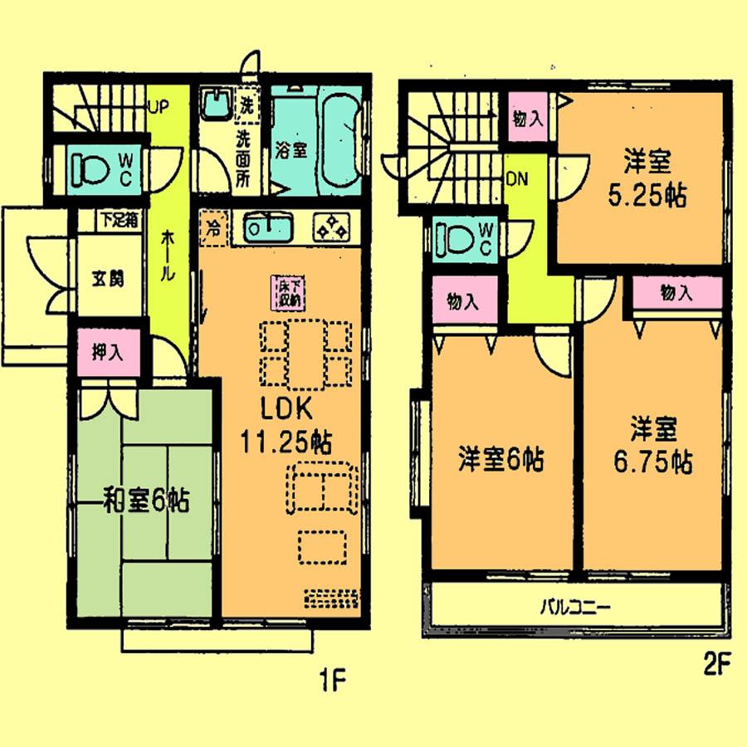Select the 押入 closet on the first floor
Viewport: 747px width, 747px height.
pyautogui.click(x=108, y=352)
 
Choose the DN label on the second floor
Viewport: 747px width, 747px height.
pyautogui.click(x=518, y=178)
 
